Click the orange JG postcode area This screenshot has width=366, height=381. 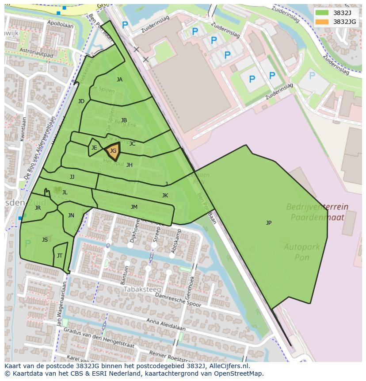[113, 151]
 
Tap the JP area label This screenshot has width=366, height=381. [269, 223]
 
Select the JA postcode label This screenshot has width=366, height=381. [119, 80]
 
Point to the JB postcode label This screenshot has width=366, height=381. [124, 120]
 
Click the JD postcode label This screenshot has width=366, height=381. [81, 101]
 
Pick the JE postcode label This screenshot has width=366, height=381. [94, 148]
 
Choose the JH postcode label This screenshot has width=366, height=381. [130, 165]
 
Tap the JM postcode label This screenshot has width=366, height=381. [134, 207]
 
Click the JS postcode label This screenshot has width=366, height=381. [45, 240]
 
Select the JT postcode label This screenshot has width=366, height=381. [60, 256]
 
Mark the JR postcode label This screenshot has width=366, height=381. [38, 208]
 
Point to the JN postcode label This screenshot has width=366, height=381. [71, 216]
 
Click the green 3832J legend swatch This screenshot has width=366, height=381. [322, 12]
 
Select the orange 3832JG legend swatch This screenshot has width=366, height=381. [322, 22]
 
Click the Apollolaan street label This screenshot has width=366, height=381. [60, 25]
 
